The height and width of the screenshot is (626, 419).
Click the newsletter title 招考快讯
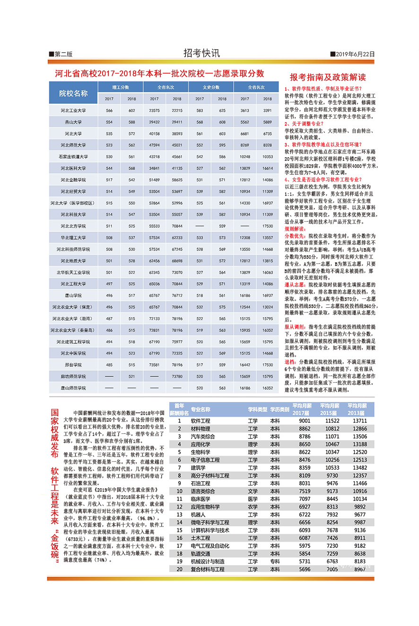click(201, 54)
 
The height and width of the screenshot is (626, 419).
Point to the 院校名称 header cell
click(73, 93)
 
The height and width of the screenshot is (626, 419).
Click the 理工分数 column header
click(121, 88)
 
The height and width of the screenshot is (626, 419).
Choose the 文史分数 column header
click(211, 88)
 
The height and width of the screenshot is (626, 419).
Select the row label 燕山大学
click(73, 122)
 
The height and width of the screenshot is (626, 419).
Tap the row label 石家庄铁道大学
click(73, 157)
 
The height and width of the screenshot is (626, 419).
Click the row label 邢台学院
click(73, 365)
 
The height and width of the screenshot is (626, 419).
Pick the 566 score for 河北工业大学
click(109, 111)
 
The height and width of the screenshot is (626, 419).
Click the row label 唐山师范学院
click(73, 388)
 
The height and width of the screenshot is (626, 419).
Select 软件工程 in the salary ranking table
click(201, 420)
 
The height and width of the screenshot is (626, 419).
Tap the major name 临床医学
click(201, 499)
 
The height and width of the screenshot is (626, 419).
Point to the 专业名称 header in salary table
click(201, 409)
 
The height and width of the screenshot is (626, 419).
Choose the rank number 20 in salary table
click(179, 569)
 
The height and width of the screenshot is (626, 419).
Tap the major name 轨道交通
click(201, 554)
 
